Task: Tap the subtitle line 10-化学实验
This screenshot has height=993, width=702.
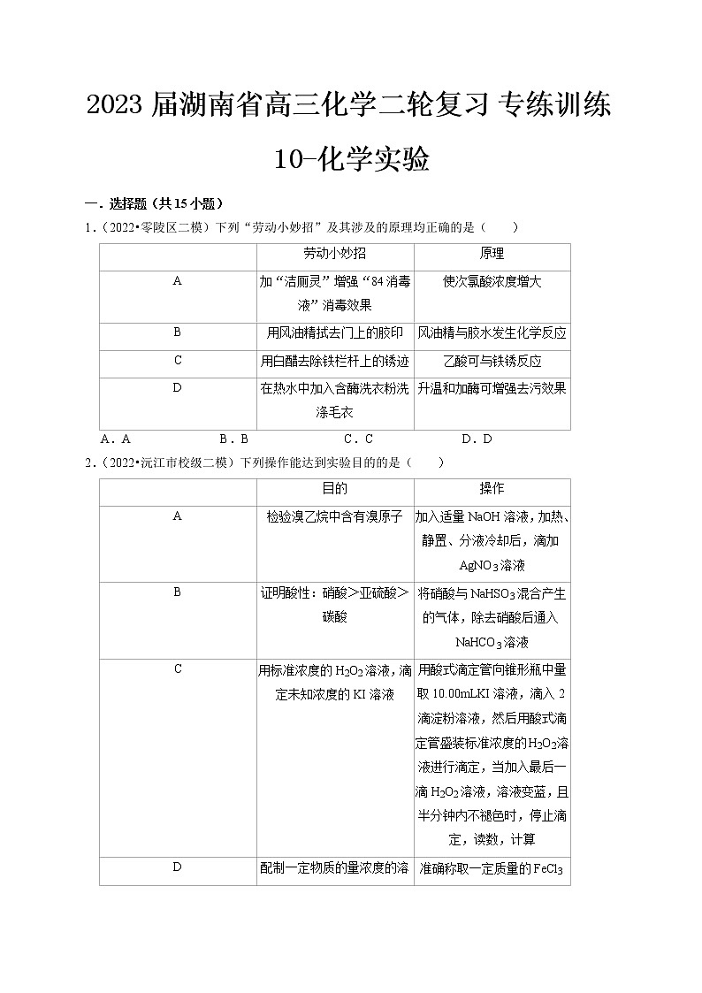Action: tap(352, 160)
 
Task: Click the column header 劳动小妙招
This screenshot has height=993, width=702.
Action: tap(334, 254)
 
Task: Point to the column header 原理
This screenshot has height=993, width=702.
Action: tap(492, 254)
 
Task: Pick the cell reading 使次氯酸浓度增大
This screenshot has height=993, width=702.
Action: tap(492, 281)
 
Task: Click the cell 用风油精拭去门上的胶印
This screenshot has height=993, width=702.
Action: tap(334, 333)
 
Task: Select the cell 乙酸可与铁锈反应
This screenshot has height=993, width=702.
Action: tap(492, 361)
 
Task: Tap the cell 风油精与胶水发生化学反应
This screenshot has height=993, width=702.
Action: tap(492, 333)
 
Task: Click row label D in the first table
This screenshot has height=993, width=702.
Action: tap(177, 387)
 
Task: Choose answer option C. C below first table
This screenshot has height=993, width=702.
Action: tap(358, 439)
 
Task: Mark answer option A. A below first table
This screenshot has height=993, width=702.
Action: tap(116, 439)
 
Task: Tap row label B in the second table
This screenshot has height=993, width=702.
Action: tap(177, 592)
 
